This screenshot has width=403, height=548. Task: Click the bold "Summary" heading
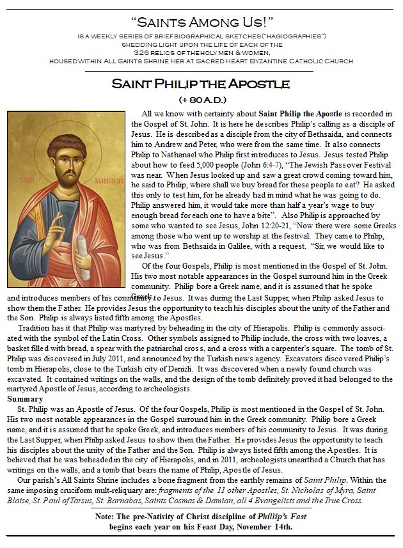pos(22,399)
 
